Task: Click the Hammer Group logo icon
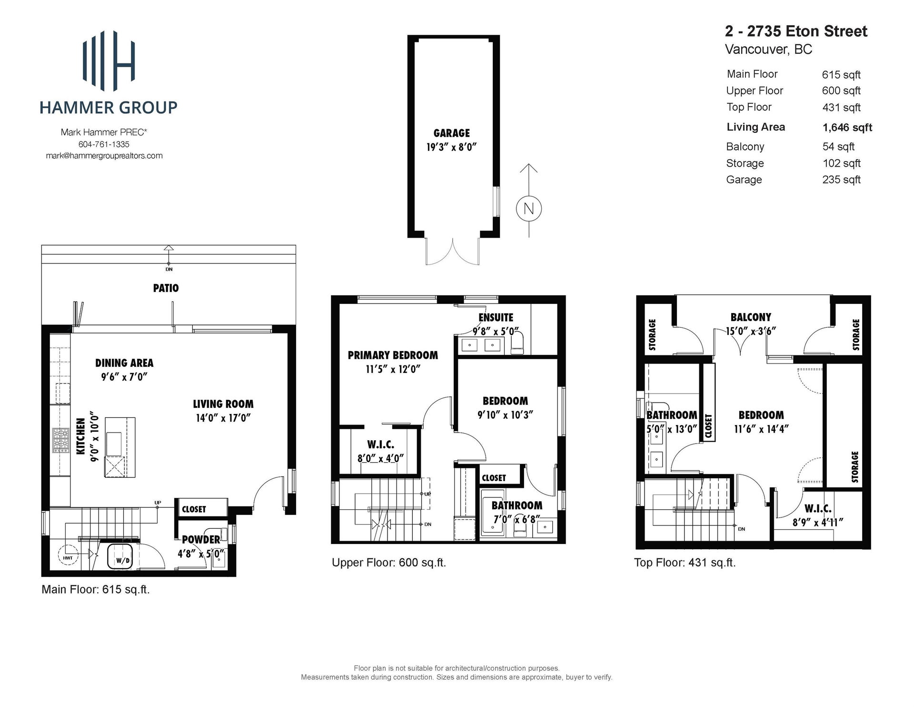pyautogui.click(x=109, y=60)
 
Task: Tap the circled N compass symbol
pyautogui.click(x=529, y=209)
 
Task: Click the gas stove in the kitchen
pyautogui.click(x=60, y=440)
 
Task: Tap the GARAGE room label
pyautogui.click(x=451, y=133)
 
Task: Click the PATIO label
pyautogui.click(x=166, y=288)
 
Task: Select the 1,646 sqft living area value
pyautogui.click(x=847, y=128)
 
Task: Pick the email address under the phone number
pyautogui.click(x=104, y=156)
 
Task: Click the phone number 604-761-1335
pyautogui.click(x=104, y=144)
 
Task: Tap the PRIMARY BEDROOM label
pyautogui.click(x=393, y=355)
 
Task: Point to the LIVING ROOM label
pyautogui.click(x=223, y=404)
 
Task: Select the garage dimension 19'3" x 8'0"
pyautogui.click(x=451, y=147)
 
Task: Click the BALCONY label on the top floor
pyautogui.click(x=751, y=317)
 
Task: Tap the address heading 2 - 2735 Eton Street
pyautogui.click(x=796, y=31)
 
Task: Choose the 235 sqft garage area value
pyautogui.click(x=841, y=180)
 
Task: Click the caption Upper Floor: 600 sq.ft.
pyautogui.click(x=388, y=563)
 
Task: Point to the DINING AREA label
pyautogui.click(x=124, y=363)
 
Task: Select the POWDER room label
pyautogui.click(x=201, y=540)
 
